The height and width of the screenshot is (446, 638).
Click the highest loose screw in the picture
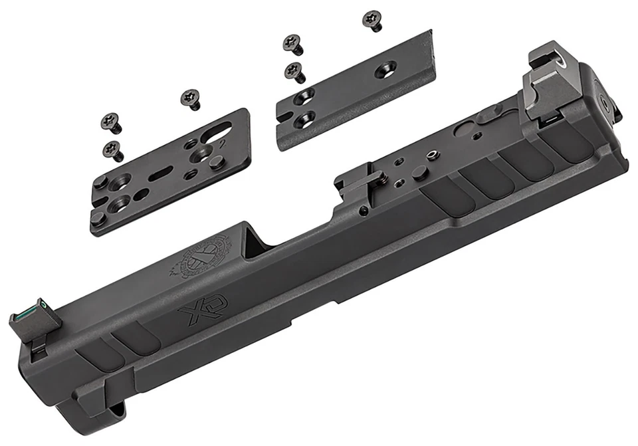373,20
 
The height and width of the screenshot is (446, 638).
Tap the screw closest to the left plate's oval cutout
191,99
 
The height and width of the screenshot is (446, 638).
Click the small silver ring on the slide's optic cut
433,156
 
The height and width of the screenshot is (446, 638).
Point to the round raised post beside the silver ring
419,173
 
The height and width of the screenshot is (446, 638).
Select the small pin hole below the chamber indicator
363,211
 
